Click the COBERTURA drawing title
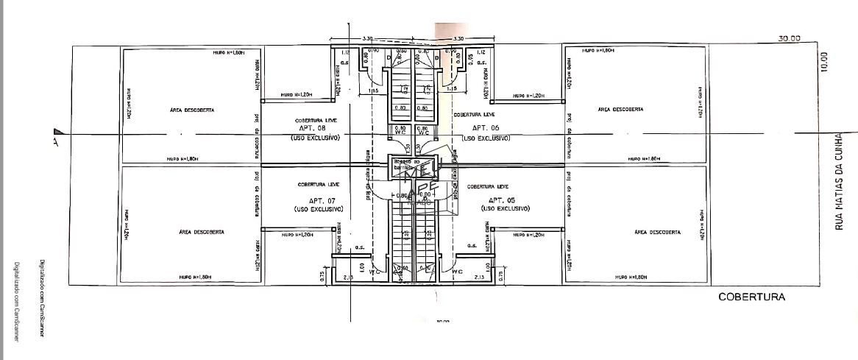[751, 297]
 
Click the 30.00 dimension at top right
[789, 38]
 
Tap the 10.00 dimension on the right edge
[823, 62]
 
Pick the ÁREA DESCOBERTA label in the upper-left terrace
[191, 110]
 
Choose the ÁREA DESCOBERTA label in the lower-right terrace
[656, 232]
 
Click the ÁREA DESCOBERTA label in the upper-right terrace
[620, 109]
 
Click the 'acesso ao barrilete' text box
[406, 164]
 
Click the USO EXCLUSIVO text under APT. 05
[503, 209]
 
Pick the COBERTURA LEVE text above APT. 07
[318, 185]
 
